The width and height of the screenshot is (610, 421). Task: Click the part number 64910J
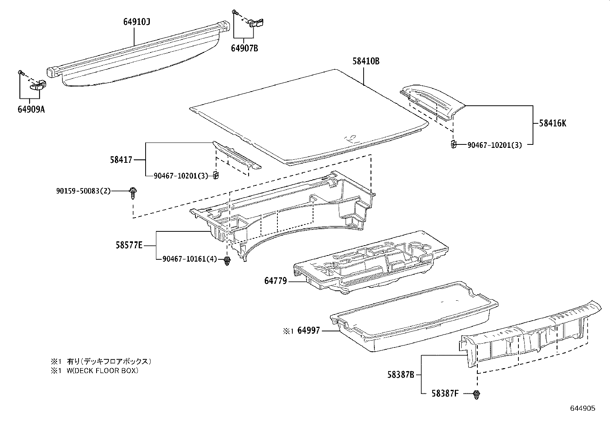(x=136, y=22)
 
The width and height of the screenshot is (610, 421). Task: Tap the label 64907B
(x=244, y=49)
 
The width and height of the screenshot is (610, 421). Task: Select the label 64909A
(x=31, y=110)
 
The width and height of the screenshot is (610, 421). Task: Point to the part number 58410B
(x=366, y=61)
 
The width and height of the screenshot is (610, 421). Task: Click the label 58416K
(x=552, y=123)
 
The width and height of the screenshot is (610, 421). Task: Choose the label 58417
(x=121, y=159)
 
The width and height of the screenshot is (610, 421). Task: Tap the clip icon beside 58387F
(x=477, y=395)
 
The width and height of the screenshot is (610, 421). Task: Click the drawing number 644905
(x=582, y=408)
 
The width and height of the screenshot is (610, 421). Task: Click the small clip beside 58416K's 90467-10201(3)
(x=453, y=144)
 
